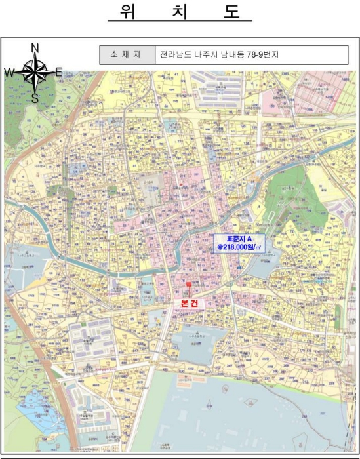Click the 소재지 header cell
point(127,55)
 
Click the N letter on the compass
point(35,47)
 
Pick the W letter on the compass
point(9,73)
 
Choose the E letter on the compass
point(59,73)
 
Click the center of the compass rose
point(35,73)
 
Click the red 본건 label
point(189,303)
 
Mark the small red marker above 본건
point(189,284)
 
